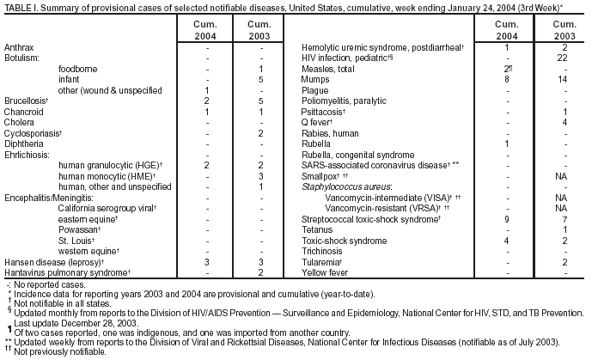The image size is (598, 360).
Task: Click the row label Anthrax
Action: coord(19,46)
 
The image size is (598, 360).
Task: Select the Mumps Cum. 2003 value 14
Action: coord(563,78)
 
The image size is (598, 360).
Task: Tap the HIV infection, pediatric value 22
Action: coord(563,57)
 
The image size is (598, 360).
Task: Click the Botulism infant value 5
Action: coord(259,78)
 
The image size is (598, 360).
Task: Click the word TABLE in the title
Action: coord(18,7)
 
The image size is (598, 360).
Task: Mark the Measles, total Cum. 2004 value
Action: coord(509,68)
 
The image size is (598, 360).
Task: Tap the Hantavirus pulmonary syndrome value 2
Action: coord(259,272)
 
